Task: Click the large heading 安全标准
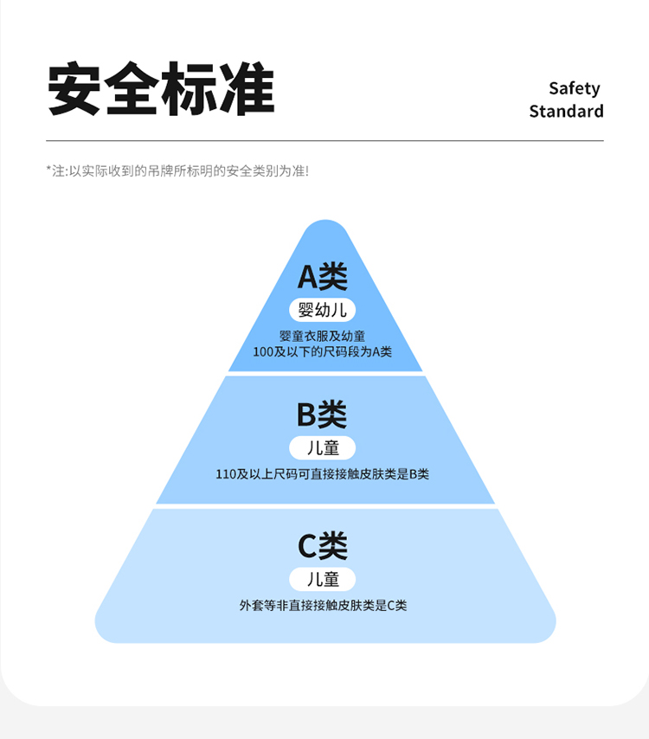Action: [x=161, y=88]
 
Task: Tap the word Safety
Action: [x=574, y=88]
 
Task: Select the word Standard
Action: [x=566, y=112]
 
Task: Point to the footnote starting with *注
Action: [x=177, y=171]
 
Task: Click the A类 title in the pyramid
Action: [x=322, y=276]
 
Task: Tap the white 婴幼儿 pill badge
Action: [x=322, y=310]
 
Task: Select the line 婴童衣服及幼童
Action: [x=322, y=336]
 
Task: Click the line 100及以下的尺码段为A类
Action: [x=322, y=352]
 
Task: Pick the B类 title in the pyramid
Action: [x=322, y=415]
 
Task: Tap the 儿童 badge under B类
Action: [x=322, y=448]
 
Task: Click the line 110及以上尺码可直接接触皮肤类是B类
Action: [x=322, y=474]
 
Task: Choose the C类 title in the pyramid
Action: [x=322, y=546]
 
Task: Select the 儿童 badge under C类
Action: [x=322, y=579]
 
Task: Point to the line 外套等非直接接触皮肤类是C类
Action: [x=322, y=606]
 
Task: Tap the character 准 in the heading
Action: [x=247, y=88]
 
